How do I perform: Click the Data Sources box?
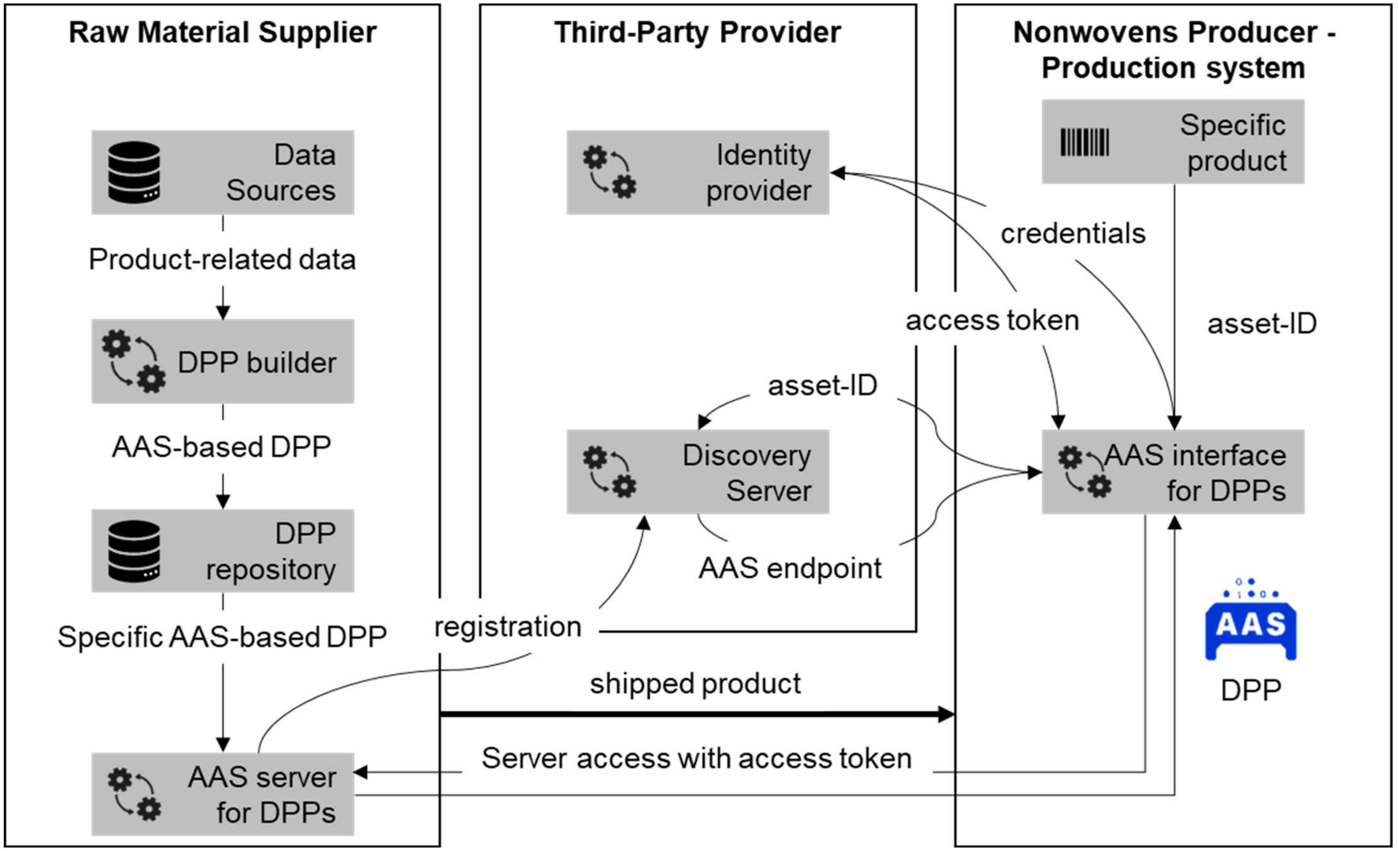(x=223, y=173)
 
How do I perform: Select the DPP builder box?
(x=223, y=361)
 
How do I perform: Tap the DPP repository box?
(x=223, y=551)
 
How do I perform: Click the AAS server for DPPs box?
(x=223, y=794)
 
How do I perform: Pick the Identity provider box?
(x=698, y=173)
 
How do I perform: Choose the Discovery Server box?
(x=698, y=472)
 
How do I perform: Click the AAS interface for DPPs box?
(x=1173, y=472)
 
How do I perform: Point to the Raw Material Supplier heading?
(x=222, y=32)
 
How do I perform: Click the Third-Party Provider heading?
(x=698, y=32)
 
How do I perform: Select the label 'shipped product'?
(x=696, y=684)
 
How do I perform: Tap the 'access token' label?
(x=992, y=321)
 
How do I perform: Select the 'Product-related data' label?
(x=222, y=259)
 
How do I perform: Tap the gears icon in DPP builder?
(x=134, y=361)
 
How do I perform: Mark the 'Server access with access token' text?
(x=697, y=759)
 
